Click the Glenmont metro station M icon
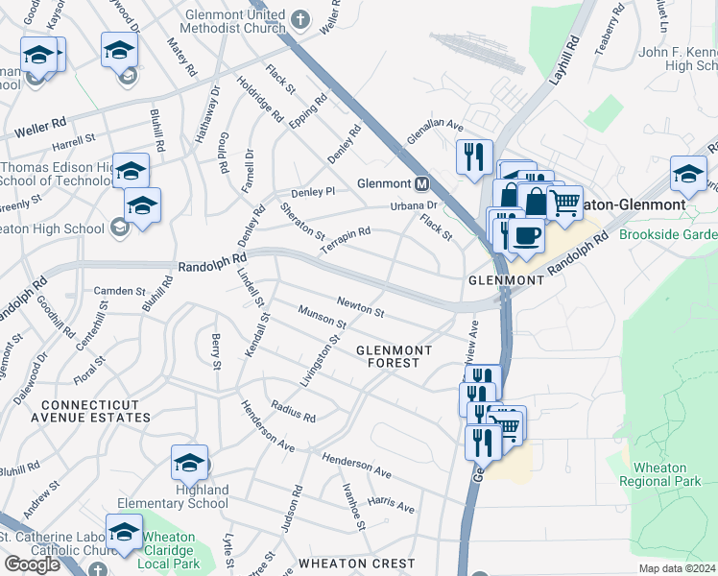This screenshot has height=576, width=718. coord(420,183)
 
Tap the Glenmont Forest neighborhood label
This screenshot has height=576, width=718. coord(394,356)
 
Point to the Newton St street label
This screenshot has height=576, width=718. coord(360,307)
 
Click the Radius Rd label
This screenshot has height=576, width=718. coord(293,412)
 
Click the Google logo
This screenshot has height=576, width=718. coord(33,564)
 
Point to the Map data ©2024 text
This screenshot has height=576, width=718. coord(677,568)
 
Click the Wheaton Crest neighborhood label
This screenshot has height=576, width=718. coord(357,564)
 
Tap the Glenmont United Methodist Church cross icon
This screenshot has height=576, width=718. coord(299,18)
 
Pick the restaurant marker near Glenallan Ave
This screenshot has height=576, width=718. coord(473,156)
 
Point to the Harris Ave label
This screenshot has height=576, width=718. coord(391,505)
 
